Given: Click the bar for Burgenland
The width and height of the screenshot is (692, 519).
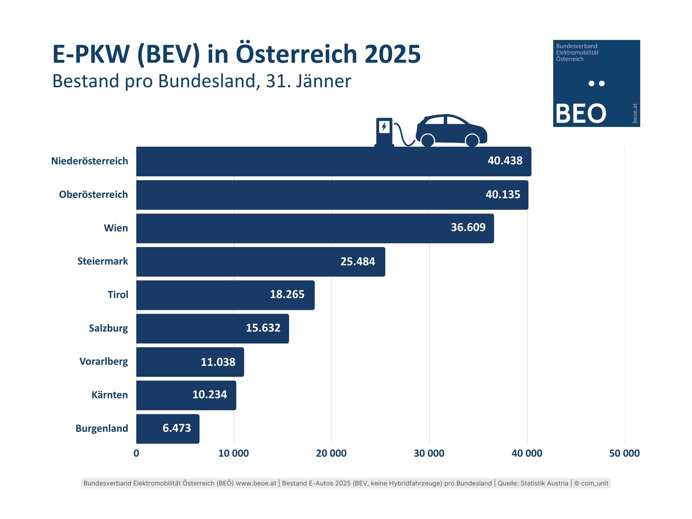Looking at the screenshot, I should click(x=168, y=429).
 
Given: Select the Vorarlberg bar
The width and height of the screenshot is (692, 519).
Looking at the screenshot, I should click(x=190, y=362).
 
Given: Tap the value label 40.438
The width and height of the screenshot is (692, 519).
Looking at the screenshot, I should click(x=505, y=161).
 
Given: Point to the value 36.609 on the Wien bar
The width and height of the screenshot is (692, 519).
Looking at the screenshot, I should click(x=468, y=227).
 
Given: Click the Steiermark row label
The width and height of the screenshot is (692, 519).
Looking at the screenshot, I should click(x=103, y=261).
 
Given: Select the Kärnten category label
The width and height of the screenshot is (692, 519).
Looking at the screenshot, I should click(x=110, y=395).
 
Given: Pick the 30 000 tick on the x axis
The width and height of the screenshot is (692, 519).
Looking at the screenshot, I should click(x=429, y=453).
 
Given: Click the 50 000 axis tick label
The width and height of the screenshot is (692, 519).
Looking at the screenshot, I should click(x=624, y=453).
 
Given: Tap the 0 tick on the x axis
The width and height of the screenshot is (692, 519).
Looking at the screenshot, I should click(x=136, y=453).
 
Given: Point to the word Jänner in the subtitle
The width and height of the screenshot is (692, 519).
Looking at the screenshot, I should click(x=323, y=81).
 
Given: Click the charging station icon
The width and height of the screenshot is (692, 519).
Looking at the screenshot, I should click(x=384, y=132).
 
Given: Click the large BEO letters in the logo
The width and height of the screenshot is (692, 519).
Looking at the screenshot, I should click(x=581, y=114).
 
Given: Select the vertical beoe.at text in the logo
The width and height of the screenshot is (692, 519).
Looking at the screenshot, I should click(x=635, y=113).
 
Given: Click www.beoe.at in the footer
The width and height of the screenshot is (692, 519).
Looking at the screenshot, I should click(x=256, y=483).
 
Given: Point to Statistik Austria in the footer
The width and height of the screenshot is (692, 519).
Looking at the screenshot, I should click(x=545, y=483).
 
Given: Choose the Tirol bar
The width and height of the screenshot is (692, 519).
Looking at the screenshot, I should click(x=225, y=295).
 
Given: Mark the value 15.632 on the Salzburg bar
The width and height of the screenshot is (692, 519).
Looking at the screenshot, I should click(x=263, y=328).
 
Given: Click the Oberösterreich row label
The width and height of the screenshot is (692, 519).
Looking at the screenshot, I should click(x=93, y=195).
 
